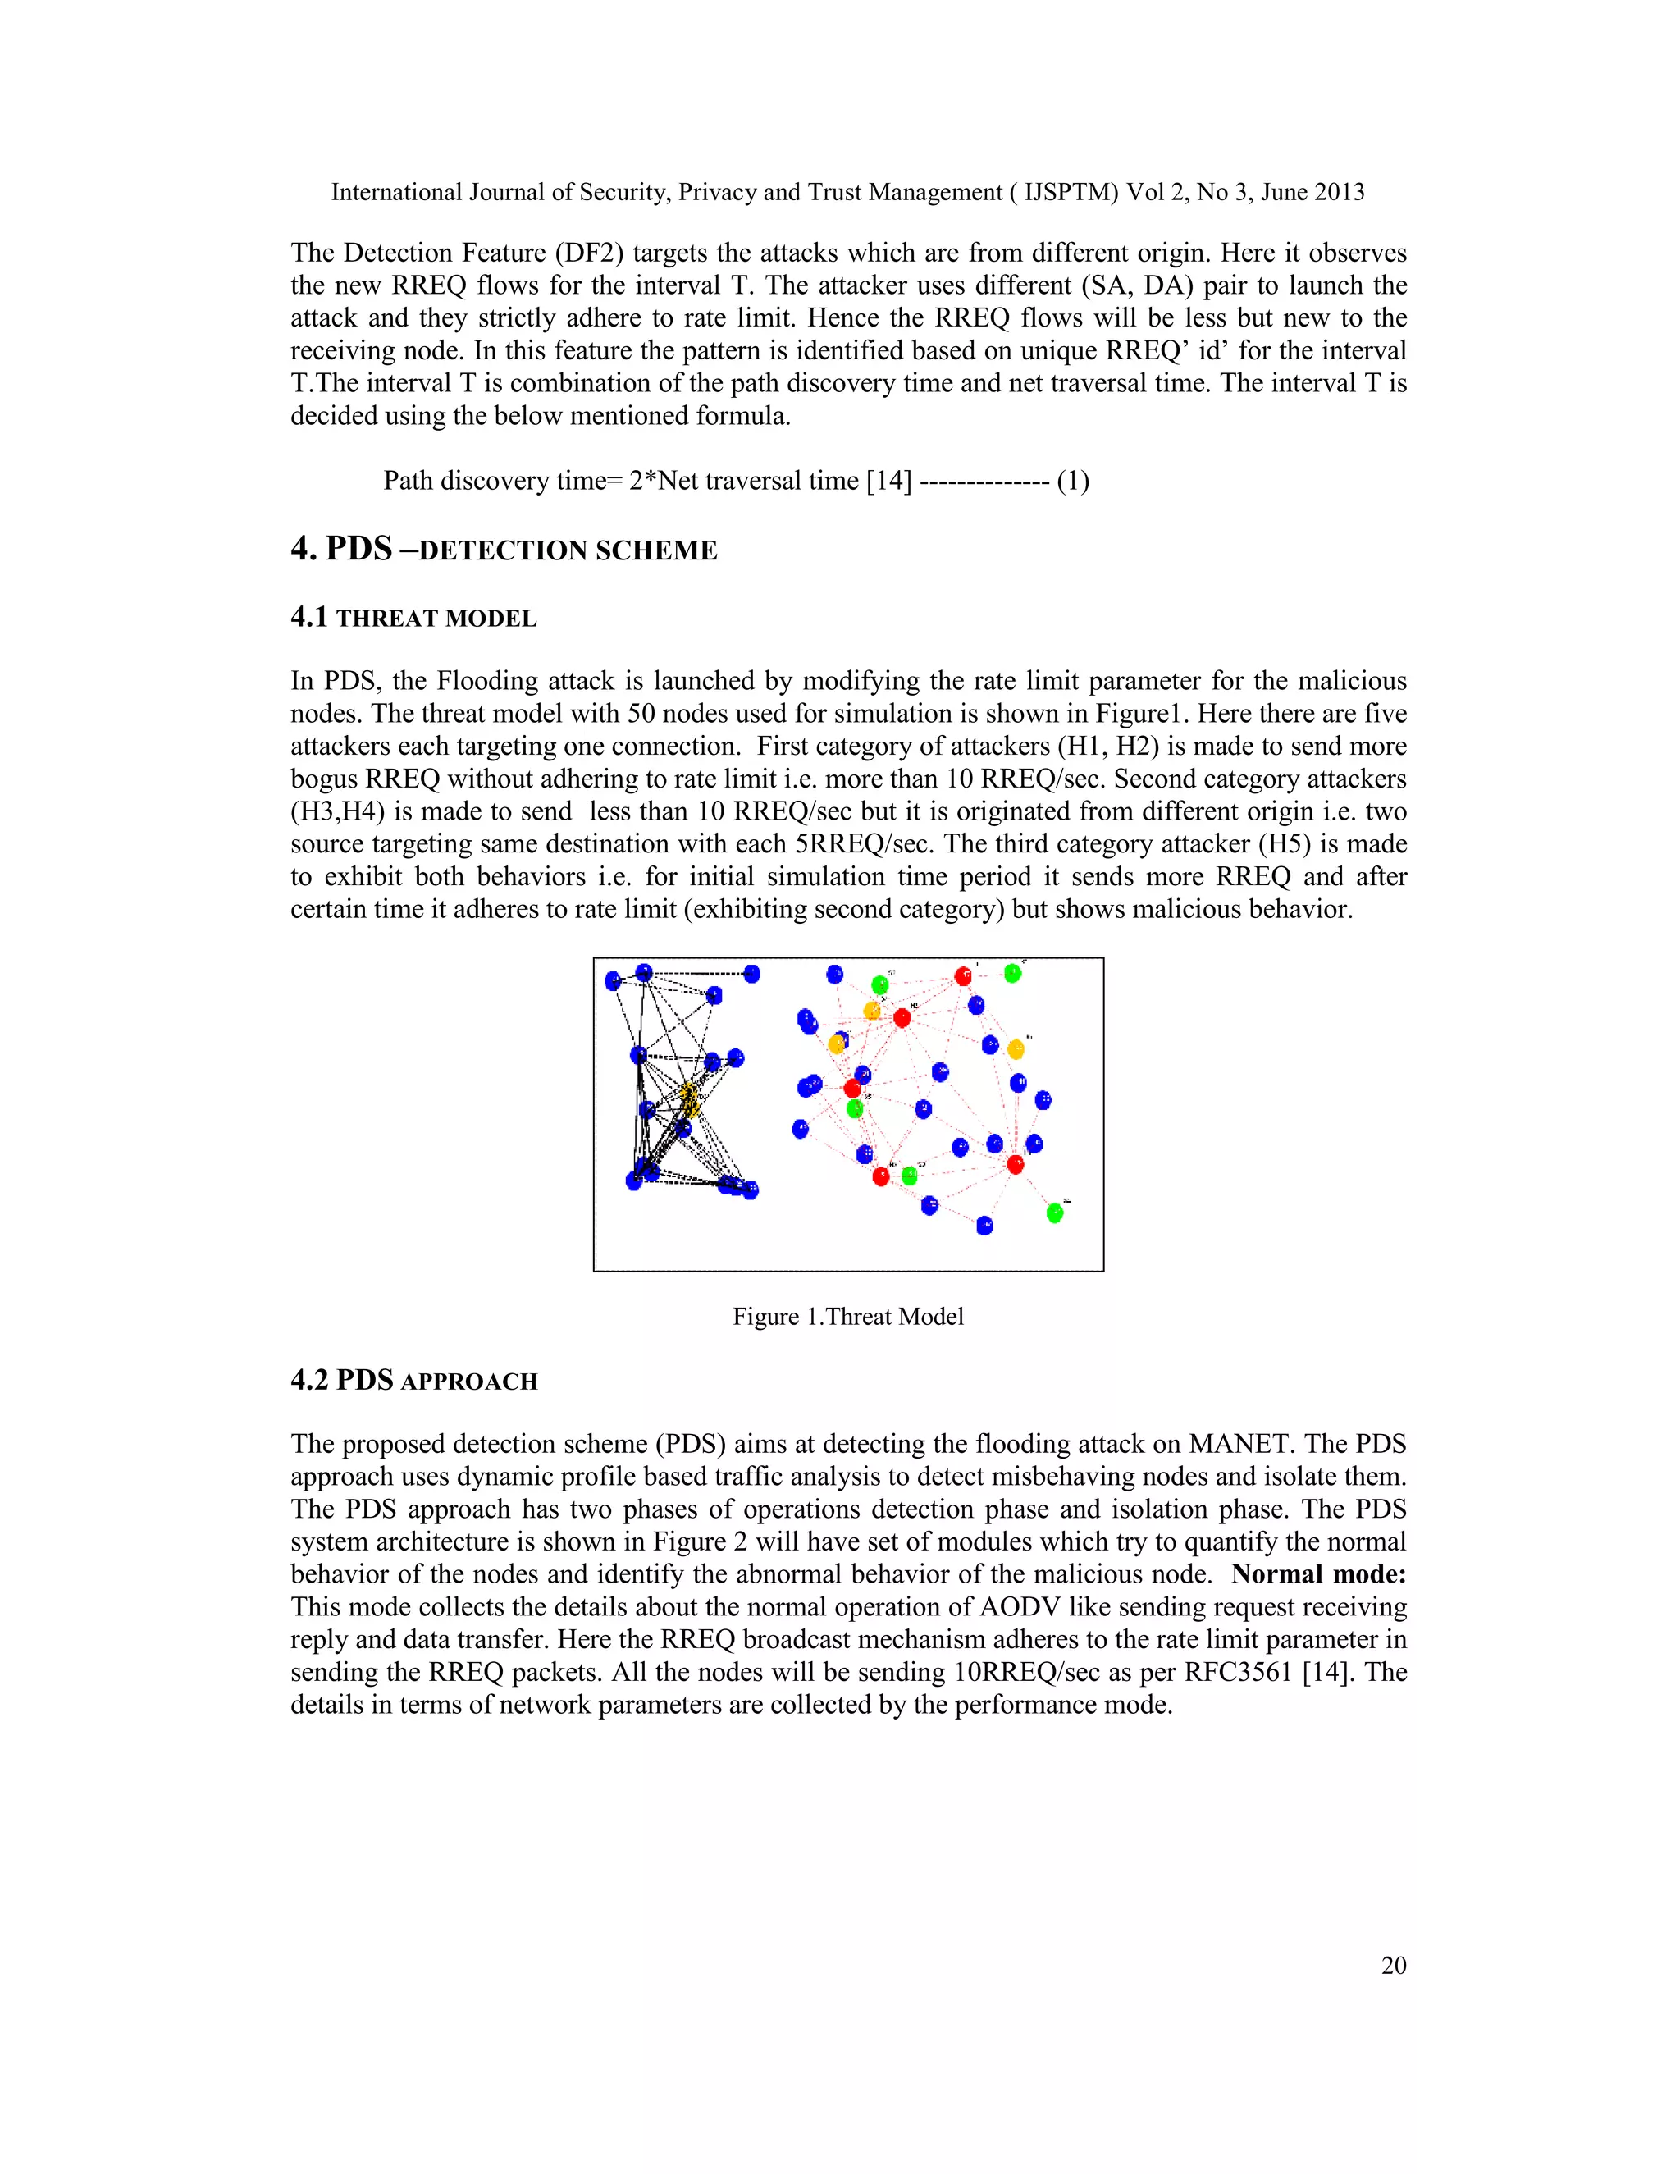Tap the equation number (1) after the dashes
1073,481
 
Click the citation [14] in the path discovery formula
888,481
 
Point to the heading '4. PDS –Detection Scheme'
504,549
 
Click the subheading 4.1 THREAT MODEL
413,619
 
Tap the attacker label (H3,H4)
337,811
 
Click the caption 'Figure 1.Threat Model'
848,1316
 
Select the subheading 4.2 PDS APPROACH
413,1381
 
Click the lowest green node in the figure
1055,1213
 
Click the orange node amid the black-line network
689,1099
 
